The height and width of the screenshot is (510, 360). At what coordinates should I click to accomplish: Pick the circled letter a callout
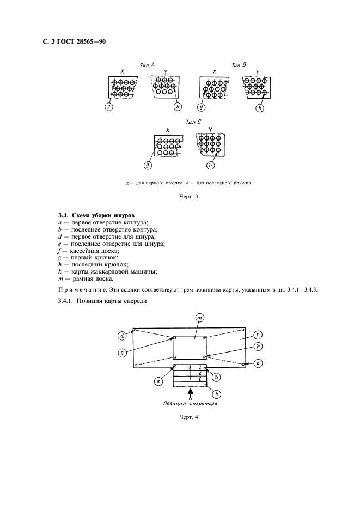coord(158,381)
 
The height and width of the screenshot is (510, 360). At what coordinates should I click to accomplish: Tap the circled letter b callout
coord(217,377)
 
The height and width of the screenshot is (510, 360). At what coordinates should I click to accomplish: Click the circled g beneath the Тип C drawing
coord(147,165)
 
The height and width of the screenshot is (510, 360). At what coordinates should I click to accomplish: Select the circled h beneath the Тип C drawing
coord(211,165)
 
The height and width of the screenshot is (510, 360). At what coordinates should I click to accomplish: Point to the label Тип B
coord(239,65)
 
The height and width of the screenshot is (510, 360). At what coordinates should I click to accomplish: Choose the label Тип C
coord(194,123)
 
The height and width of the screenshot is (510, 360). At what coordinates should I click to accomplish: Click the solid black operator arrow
coord(190,391)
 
